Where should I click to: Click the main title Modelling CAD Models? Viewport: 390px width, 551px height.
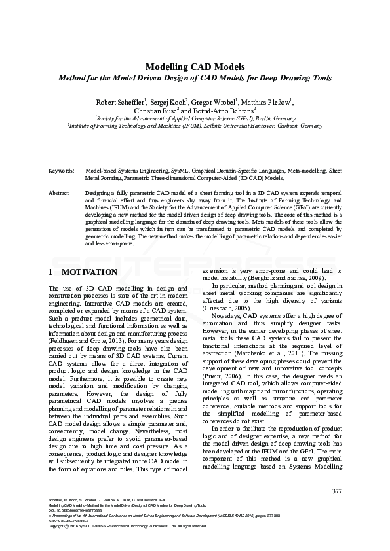[x=195, y=67]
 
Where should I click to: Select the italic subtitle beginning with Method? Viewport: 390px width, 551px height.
[x=195, y=78]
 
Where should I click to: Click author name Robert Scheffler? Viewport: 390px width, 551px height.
[x=120, y=102]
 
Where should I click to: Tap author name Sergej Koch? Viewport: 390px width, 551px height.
[x=169, y=102]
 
